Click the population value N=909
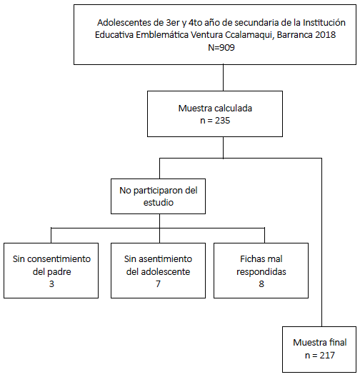tap(221, 47)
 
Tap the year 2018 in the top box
tap(326, 35)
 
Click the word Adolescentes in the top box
tap(124, 23)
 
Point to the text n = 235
tap(215, 120)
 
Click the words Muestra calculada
tap(215, 109)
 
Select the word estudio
tap(159, 203)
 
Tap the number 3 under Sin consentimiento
tap(51, 284)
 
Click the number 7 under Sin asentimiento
tap(158, 284)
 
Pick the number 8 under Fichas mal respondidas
tap(261, 284)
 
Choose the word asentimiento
tap(166, 259)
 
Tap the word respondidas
tap(261, 272)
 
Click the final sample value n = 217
tap(319, 355)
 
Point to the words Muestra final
tap(319, 343)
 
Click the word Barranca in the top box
tap(295, 35)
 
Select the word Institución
tap(324, 23)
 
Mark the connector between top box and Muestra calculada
tap(223, 78)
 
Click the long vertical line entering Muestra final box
tap(321, 242)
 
